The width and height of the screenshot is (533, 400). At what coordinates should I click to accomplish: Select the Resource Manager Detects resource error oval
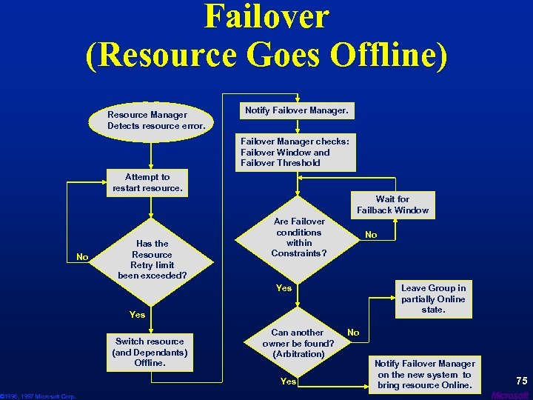click(x=147, y=121)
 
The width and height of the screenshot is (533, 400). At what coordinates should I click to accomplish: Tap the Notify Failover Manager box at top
click(x=295, y=111)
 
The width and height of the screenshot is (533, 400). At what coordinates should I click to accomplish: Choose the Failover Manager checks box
click(x=295, y=152)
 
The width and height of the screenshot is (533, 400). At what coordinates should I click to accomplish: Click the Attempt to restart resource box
click(x=147, y=183)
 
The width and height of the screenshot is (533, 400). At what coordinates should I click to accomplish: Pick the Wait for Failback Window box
click(x=392, y=205)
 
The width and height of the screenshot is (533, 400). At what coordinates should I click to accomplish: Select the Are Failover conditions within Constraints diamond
click(x=299, y=237)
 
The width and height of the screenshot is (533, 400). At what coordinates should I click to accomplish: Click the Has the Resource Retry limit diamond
click(x=152, y=259)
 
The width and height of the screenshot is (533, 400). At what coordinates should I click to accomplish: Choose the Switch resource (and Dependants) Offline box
click(x=150, y=353)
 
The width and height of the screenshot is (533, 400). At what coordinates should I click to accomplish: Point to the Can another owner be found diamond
click(x=298, y=343)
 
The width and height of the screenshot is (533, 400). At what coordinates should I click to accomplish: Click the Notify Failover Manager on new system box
click(x=424, y=374)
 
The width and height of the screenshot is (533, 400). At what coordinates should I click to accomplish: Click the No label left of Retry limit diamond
click(x=82, y=257)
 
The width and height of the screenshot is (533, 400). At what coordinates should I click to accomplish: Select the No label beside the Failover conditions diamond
click(x=371, y=235)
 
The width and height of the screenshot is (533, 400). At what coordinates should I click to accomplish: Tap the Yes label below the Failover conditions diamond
click(x=284, y=288)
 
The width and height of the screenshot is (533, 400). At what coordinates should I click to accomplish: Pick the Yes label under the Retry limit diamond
click(x=138, y=315)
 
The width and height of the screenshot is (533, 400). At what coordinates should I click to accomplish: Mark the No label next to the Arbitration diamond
click(x=353, y=333)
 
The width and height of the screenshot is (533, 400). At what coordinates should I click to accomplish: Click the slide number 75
click(x=521, y=381)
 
